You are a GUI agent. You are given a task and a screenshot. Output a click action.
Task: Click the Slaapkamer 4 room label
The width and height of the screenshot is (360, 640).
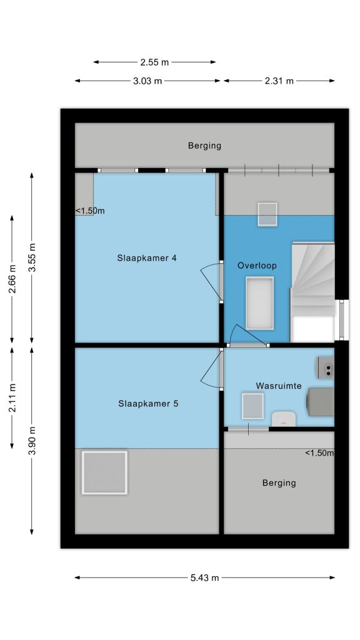(146, 258)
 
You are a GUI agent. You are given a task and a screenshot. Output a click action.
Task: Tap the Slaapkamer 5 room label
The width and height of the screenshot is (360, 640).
(148, 404)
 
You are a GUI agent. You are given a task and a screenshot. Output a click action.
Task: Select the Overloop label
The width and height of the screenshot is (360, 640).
(257, 266)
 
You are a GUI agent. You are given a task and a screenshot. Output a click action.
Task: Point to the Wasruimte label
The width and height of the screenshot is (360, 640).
(279, 386)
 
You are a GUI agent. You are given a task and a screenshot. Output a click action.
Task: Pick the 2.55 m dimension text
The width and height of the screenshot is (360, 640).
(154, 62)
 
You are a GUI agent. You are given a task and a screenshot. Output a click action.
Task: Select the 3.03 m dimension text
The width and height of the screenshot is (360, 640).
(147, 81)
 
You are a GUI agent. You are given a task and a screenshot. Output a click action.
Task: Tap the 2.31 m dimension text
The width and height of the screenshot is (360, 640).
(279, 81)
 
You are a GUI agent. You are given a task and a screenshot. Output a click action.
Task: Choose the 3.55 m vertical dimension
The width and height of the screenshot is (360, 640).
(32, 257)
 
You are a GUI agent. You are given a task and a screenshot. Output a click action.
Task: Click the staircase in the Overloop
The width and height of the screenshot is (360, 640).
(312, 292)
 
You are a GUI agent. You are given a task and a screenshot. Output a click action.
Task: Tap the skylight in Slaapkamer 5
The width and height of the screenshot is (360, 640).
(104, 472)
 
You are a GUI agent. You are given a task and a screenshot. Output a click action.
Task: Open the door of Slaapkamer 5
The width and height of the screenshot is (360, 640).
(212, 369)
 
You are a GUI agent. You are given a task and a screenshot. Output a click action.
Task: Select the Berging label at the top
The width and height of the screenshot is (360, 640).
(204, 145)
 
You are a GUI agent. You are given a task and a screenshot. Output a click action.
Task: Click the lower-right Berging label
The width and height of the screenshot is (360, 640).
(279, 483)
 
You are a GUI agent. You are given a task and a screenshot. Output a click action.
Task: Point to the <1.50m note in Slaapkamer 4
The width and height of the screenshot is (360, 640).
(90, 211)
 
